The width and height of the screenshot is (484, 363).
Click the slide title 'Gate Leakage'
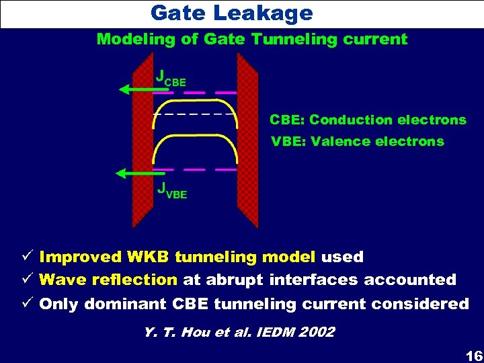click(x=231, y=13)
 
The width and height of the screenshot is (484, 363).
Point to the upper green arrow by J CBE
click(x=132, y=88)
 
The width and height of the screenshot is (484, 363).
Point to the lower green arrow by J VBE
click(x=134, y=173)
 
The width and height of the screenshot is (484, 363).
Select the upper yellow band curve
click(x=195, y=101)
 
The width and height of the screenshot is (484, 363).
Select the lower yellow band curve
click(x=195, y=137)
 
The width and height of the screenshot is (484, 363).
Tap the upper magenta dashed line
click(x=196, y=92)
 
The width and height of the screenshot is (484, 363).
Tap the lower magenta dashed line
click(x=196, y=169)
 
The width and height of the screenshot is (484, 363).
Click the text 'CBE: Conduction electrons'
click(x=368, y=120)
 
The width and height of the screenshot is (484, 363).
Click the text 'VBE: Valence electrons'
click(x=357, y=141)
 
